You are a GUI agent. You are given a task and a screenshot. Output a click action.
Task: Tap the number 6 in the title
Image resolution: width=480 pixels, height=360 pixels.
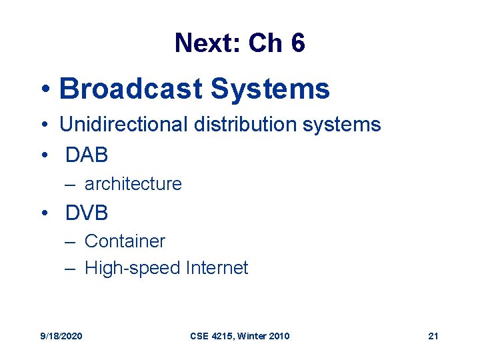point(297,43)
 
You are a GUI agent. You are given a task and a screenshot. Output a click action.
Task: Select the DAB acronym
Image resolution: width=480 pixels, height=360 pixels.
point(87,155)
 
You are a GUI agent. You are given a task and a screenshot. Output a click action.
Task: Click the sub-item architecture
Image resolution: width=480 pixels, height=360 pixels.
point(133,184)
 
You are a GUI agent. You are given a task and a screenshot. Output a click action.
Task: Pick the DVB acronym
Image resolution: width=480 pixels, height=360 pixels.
point(87,213)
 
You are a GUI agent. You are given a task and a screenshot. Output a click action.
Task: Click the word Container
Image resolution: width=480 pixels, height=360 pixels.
point(125,241)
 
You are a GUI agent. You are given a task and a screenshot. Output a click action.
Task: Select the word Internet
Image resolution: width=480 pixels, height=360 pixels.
point(217,268)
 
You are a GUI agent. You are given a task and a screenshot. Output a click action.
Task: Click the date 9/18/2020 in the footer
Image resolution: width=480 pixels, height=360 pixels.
point(61,336)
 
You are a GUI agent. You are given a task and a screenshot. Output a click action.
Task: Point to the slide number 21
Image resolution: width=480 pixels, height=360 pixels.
point(433,336)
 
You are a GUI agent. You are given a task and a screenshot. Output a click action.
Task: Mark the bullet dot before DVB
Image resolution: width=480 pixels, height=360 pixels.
point(44,214)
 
